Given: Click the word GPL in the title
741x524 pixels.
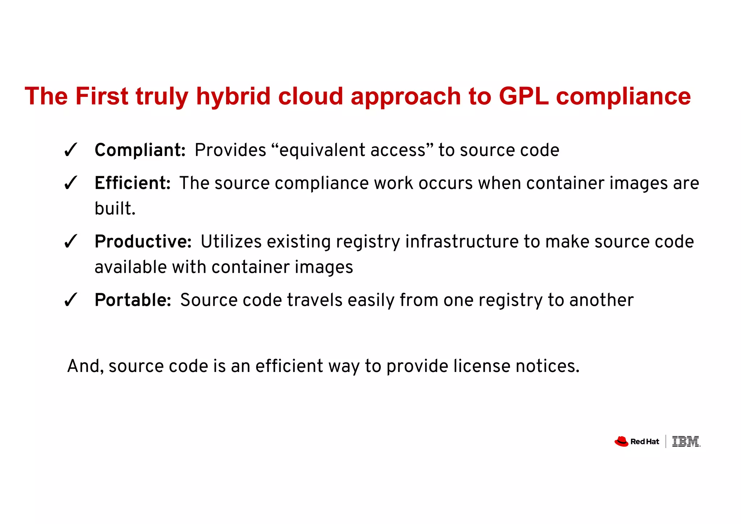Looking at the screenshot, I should coord(524,96).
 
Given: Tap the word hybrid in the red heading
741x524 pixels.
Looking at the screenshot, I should coord(233,96).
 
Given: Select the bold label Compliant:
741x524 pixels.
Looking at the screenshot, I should coord(140,150).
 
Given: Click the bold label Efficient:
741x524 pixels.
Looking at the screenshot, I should coord(132,183).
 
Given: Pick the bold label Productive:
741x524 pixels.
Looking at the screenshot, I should coord(143,241).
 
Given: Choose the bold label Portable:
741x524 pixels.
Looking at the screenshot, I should coord(133,300).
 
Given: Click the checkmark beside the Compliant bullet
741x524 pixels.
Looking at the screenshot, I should coord(70,150).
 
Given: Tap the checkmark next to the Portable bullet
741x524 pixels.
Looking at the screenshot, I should coord(70,300).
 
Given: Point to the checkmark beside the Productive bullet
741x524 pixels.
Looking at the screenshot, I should coord(70,242).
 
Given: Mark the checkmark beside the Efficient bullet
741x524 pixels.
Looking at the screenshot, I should coord(70,183).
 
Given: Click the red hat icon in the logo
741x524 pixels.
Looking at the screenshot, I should coord(621,441).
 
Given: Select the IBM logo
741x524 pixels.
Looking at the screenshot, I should coord(686,441).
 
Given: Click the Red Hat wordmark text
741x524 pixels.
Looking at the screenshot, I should coord(644,442).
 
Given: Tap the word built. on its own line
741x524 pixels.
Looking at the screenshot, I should coord(115,209).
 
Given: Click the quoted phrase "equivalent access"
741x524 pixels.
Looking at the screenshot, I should coord(352,150).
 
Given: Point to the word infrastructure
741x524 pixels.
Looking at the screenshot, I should coord(462,241).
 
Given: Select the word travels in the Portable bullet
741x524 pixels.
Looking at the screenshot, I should coord(314,300).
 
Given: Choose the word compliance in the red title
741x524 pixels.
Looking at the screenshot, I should coord(623,96).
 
